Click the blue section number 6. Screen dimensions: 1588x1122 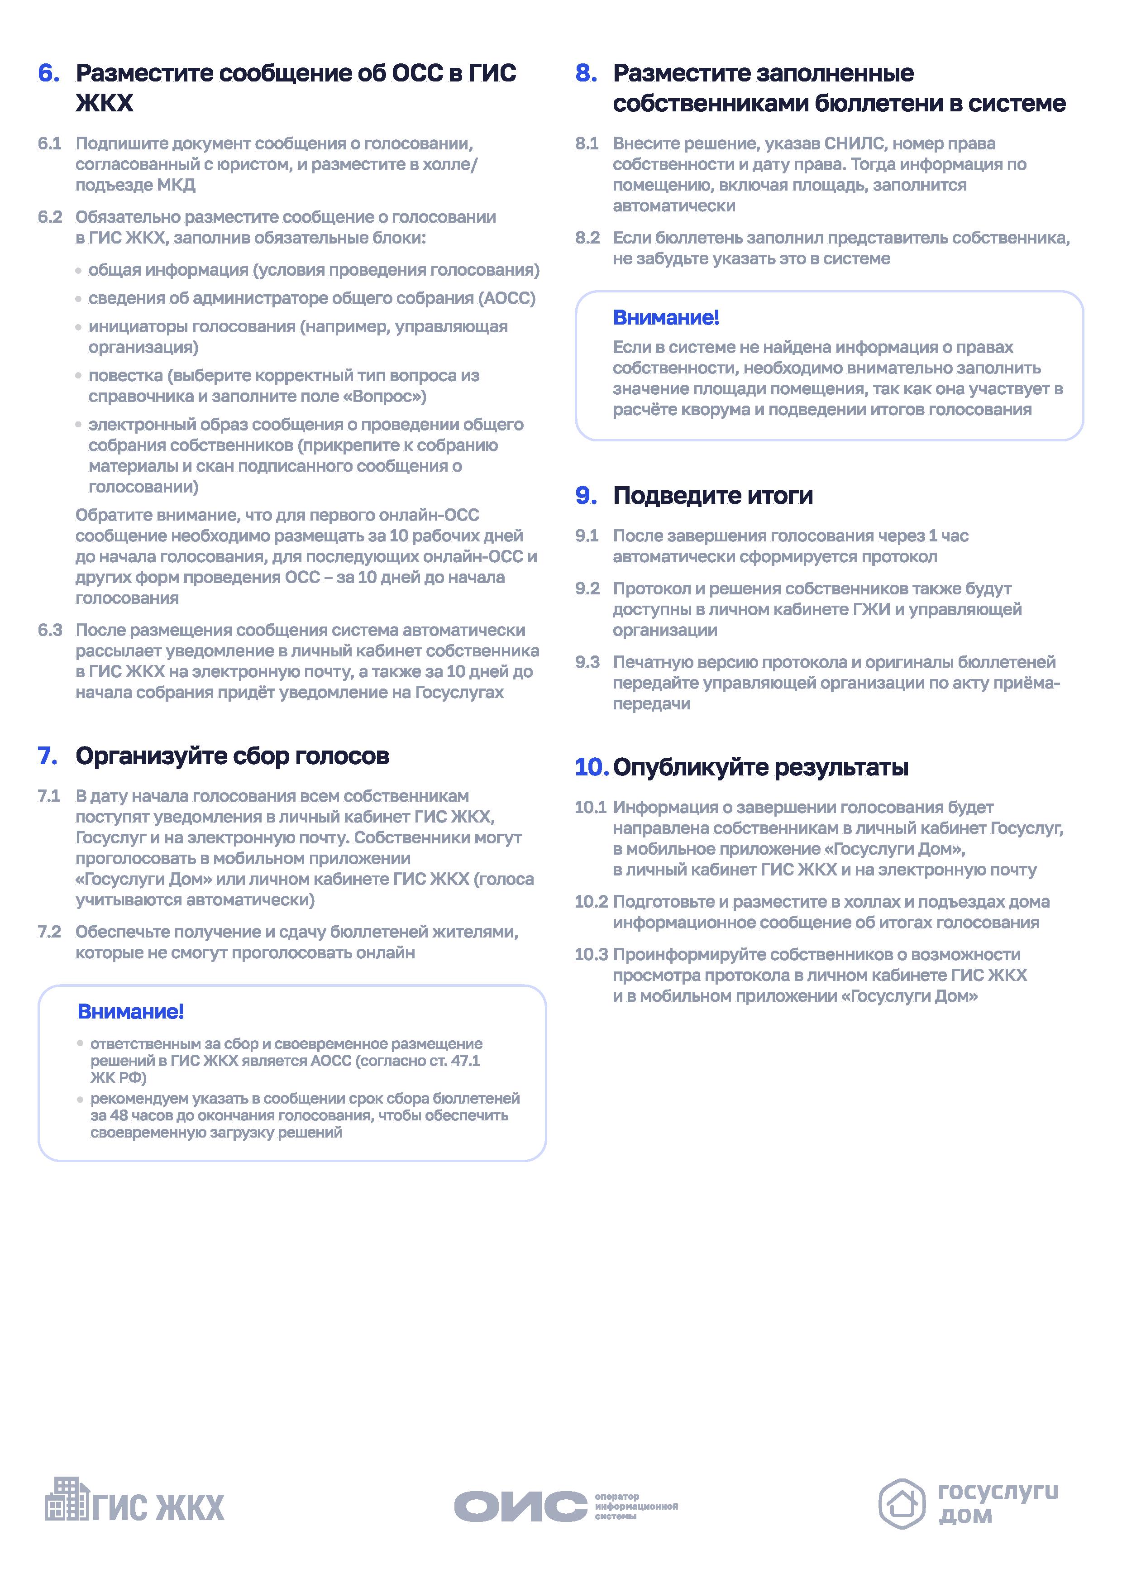coord(48,73)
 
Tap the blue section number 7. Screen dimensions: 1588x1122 coord(48,756)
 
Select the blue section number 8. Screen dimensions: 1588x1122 coord(586,73)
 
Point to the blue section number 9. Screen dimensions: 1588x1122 coord(586,496)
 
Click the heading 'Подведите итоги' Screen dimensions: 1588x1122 coord(713,496)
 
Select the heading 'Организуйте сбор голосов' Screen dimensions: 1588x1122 coord(232,756)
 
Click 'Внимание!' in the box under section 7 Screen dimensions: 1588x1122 coord(131,1012)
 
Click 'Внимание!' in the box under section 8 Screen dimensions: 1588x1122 coord(666,318)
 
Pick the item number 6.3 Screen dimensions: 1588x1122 coord(50,631)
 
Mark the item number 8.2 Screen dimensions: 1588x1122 coord(587,239)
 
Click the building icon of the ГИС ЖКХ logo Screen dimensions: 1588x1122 coord(67,1499)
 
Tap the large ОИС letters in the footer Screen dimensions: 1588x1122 coord(520,1506)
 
